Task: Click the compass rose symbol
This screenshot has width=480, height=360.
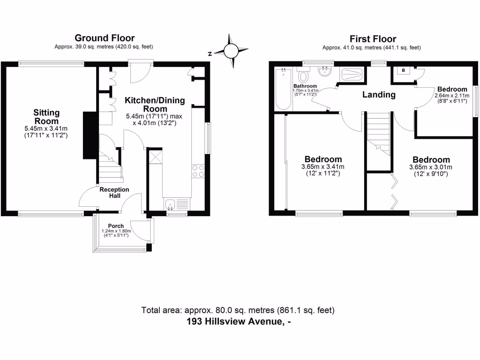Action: tap(231, 50)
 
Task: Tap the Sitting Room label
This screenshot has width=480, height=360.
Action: tap(46, 117)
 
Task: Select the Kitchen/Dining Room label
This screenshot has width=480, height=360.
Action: tap(155, 104)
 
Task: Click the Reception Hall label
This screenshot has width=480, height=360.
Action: tap(114, 192)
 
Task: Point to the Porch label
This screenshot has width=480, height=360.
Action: tap(116, 226)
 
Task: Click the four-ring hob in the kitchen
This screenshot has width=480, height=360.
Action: tap(198, 172)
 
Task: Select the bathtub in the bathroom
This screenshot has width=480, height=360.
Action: tap(283, 89)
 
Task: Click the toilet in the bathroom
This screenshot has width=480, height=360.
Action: tap(304, 75)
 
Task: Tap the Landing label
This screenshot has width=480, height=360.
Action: tap(379, 95)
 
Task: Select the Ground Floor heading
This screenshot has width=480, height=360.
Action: tap(104, 38)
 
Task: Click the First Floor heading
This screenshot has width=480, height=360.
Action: tap(372, 39)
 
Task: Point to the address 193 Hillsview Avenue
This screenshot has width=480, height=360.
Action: tap(238, 322)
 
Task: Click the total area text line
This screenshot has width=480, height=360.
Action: tap(238, 310)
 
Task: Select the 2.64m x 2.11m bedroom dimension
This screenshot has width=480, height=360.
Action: tap(450, 96)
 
